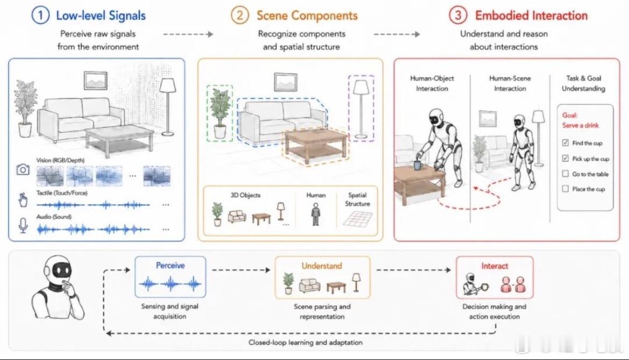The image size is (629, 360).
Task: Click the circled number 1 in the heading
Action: [x=40, y=15]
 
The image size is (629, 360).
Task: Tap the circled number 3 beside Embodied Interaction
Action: [x=458, y=15]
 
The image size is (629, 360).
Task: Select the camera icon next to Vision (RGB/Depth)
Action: [x=23, y=170]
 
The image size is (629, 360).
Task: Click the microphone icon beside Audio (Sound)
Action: [x=23, y=225]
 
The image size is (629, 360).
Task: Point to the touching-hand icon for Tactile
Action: [x=23, y=199]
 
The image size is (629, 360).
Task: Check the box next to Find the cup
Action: [x=565, y=143]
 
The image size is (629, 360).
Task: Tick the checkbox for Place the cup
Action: [x=565, y=189]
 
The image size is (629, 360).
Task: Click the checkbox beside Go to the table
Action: [x=565, y=174]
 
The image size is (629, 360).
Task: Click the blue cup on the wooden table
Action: [x=418, y=165]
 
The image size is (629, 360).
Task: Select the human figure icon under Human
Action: [x=316, y=214]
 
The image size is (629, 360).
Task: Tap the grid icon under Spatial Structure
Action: [x=358, y=219]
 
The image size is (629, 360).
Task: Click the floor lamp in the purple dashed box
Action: [x=361, y=108]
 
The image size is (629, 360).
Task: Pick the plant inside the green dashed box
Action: [x=219, y=113]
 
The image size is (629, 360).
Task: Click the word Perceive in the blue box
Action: [x=170, y=265]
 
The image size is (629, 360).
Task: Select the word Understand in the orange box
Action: [x=321, y=266]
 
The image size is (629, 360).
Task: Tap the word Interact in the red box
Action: [x=495, y=266]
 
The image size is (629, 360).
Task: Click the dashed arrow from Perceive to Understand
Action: [x=241, y=270]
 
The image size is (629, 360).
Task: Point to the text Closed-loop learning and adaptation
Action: [x=305, y=342]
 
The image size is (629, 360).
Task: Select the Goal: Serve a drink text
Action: [x=581, y=120]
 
